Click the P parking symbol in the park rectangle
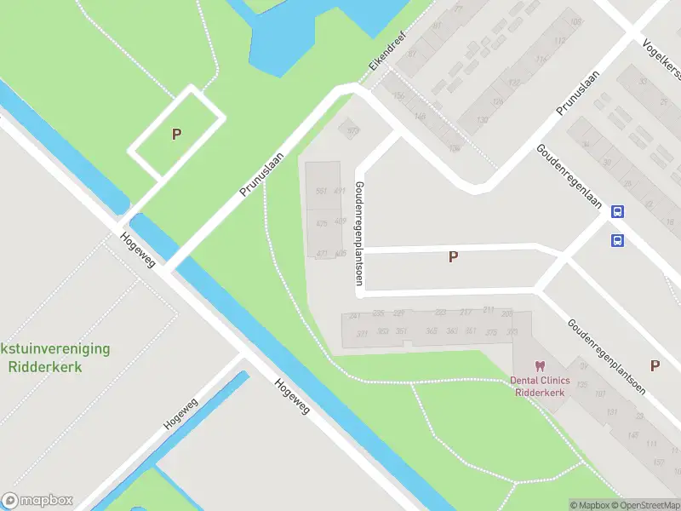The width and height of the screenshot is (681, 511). pyautogui.click(x=176, y=134)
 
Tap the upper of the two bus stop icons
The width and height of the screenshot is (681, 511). pyautogui.click(x=618, y=213)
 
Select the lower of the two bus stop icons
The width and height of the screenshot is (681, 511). pyautogui.click(x=618, y=240)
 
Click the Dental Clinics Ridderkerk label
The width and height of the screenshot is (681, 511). pyautogui.click(x=545, y=387)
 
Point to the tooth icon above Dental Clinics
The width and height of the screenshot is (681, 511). pyautogui.click(x=540, y=365)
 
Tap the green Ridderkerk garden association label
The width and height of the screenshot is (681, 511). pyautogui.click(x=55, y=359)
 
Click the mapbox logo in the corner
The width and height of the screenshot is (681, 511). pyautogui.click(x=37, y=500)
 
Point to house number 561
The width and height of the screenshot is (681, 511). pyautogui.click(x=321, y=191)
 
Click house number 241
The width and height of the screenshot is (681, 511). pyautogui.click(x=355, y=315)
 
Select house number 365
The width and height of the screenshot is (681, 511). pyautogui.click(x=432, y=331)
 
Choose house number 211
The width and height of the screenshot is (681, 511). pyautogui.click(x=489, y=309)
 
